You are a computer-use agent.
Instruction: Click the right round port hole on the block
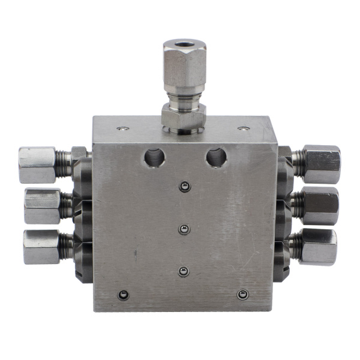point(216,158)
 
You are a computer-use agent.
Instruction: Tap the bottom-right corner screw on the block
point(242,294)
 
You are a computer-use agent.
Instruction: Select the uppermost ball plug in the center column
point(184,188)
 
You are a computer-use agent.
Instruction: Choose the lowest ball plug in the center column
point(184,272)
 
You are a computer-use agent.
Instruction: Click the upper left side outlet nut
point(37,165)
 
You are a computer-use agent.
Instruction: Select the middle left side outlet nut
point(42,205)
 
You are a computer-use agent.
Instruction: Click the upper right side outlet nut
point(322,163)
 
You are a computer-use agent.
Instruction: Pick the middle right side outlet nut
point(319,205)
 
